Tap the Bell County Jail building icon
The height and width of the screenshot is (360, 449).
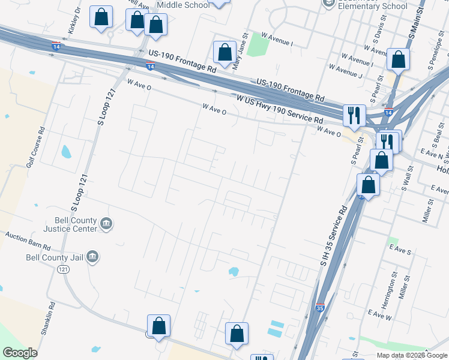click(x=92, y=257)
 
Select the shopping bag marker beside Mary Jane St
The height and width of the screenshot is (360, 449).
click(x=225, y=52)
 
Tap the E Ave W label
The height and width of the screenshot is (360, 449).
click(x=380, y=314)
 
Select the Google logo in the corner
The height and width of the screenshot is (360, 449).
click(x=20, y=353)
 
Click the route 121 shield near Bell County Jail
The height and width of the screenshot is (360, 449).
click(x=64, y=270)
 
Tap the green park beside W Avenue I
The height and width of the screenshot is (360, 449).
click(x=258, y=44)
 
